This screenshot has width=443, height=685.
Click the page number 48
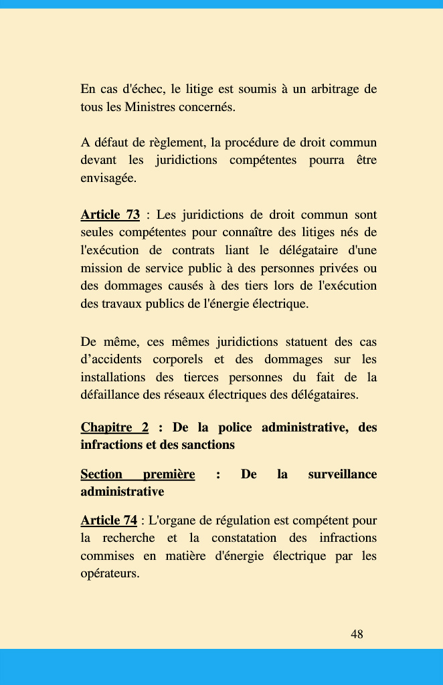(x=357, y=634)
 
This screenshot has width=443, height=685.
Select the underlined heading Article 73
(x=110, y=215)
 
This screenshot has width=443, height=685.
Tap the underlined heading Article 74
(x=108, y=520)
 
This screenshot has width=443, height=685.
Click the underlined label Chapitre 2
(x=114, y=427)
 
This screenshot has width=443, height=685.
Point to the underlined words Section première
(x=137, y=474)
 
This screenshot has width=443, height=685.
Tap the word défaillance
(x=110, y=395)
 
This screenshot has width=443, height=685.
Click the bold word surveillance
(x=342, y=474)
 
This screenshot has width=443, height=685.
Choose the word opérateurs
(x=110, y=574)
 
